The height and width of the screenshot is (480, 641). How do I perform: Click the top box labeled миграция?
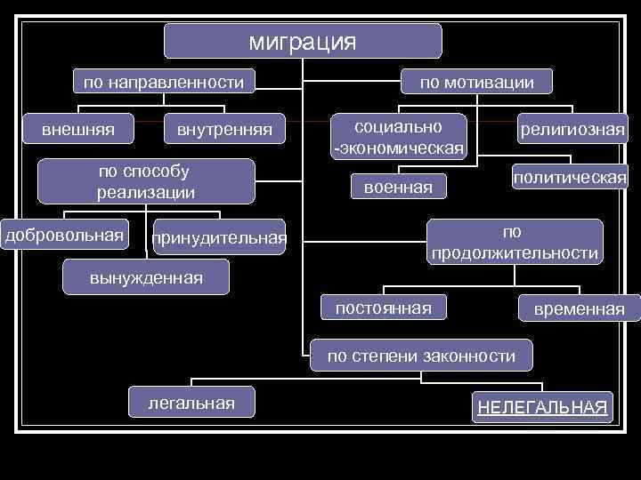[303, 41]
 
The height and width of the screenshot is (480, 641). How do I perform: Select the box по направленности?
[163, 83]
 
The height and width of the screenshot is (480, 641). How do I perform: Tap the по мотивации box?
[477, 83]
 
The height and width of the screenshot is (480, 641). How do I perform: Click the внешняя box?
[77, 129]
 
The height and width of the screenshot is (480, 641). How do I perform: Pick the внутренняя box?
[224, 130]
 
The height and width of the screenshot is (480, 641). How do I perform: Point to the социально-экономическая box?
[398, 136]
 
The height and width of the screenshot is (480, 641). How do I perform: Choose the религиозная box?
[572, 131]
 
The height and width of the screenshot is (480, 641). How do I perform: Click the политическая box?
[569, 178]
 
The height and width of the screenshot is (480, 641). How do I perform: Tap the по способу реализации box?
[145, 180]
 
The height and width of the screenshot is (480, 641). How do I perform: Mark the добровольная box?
[64, 235]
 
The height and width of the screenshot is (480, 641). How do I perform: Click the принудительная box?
[219, 237]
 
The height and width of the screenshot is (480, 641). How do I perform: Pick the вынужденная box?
[146, 278]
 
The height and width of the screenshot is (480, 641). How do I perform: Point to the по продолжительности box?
[515, 242]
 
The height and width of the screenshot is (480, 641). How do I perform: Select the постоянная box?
[383, 308]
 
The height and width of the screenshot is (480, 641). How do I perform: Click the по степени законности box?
[421, 356]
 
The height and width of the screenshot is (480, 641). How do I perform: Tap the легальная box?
[191, 404]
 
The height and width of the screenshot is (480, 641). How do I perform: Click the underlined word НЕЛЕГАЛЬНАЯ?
[542, 408]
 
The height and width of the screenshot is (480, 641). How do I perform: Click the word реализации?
[145, 191]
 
